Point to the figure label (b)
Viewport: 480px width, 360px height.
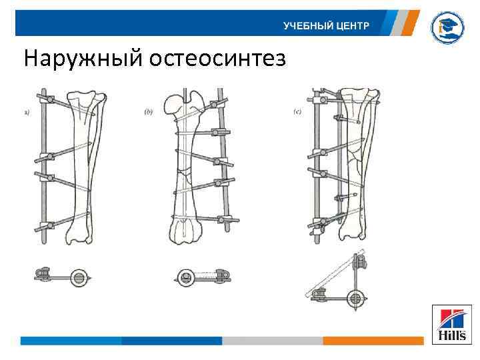pyautogui.click(x=148, y=112)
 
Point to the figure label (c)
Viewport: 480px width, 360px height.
pyautogui.click(x=298, y=111)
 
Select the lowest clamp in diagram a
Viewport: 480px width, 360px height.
pyautogui.click(x=46, y=225)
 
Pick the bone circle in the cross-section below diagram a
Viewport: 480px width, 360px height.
pyautogui.click(x=79, y=277)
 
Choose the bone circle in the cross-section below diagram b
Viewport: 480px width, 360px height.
pyautogui.click(x=186, y=276)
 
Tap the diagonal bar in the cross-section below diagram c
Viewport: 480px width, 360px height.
pyautogui.click(x=333, y=274)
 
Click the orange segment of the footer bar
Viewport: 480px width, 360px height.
pyautogui.click(x=373, y=341)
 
